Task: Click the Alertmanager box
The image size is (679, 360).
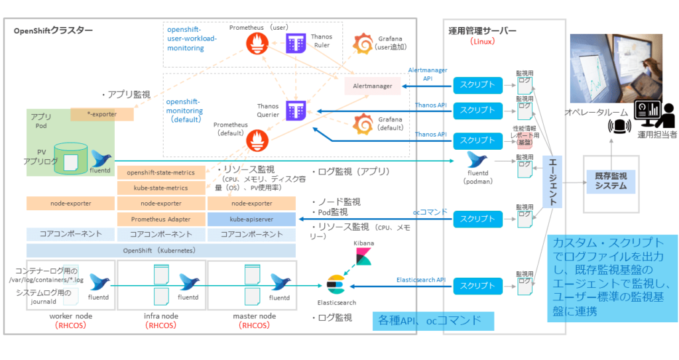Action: click(x=373, y=86)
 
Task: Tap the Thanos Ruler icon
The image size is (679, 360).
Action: click(x=295, y=44)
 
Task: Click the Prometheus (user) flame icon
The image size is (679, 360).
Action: click(x=257, y=44)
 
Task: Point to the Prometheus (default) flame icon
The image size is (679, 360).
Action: click(x=257, y=140)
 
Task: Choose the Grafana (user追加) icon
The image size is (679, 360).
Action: click(x=363, y=44)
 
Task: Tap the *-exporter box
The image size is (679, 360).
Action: click(x=102, y=114)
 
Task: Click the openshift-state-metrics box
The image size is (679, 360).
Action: click(x=161, y=172)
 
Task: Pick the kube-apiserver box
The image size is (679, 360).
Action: click(x=251, y=219)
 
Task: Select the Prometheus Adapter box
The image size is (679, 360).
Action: click(x=161, y=219)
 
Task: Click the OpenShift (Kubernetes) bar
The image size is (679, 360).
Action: click(x=161, y=251)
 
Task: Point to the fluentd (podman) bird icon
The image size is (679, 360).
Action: click(x=479, y=160)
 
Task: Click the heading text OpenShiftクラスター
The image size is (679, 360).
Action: click(x=54, y=30)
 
